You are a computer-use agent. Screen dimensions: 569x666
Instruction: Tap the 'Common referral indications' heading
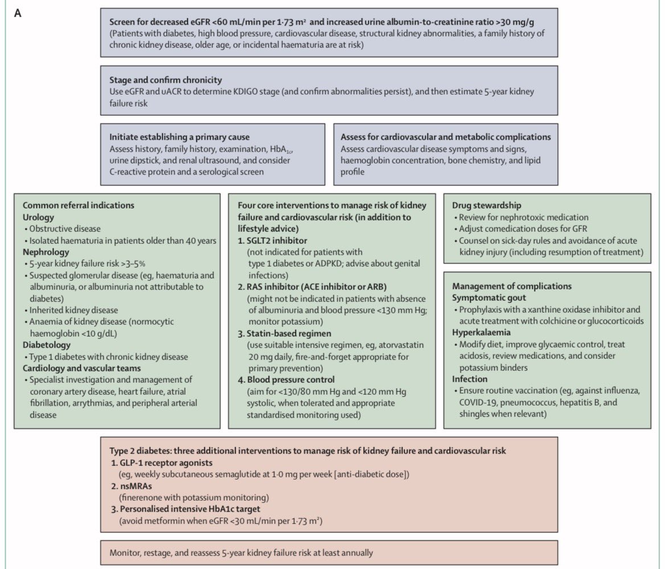(78, 206)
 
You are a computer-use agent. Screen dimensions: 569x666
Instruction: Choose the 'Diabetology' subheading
(47, 345)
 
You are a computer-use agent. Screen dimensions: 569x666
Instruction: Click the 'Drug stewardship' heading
(487, 205)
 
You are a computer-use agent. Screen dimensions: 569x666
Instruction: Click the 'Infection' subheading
(471, 379)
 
